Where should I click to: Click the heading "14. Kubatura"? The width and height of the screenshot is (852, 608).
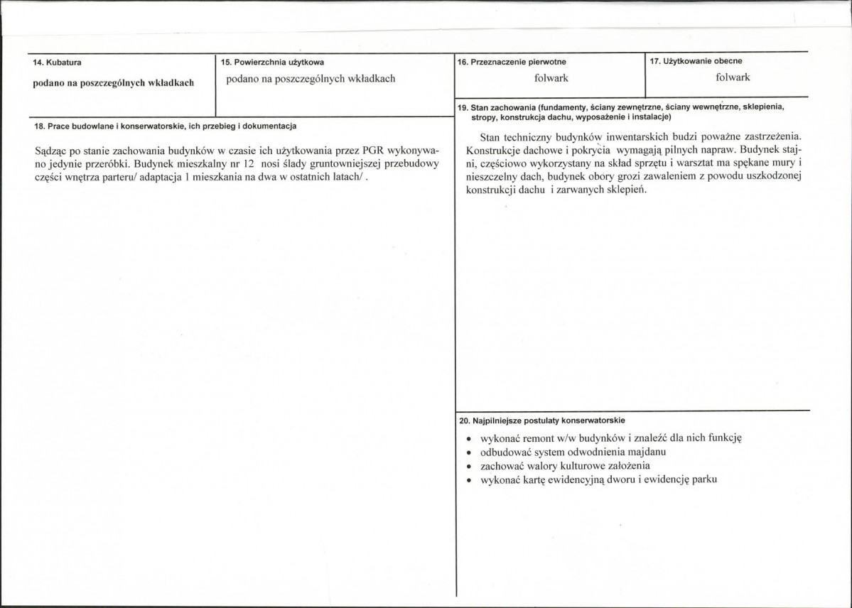(x=58, y=63)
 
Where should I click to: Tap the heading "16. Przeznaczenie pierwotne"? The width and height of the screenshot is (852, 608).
(x=512, y=63)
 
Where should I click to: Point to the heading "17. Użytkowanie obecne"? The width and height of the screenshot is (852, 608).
(x=696, y=61)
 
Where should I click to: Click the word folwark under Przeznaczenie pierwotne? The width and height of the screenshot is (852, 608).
(x=551, y=78)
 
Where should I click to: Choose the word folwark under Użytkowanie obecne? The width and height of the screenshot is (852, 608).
(x=733, y=77)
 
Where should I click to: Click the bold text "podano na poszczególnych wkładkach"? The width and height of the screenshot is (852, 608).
(x=114, y=83)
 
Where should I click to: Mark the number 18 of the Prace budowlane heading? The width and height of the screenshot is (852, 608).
(x=39, y=126)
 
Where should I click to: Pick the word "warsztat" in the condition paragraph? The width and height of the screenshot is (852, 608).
(x=701, y=163)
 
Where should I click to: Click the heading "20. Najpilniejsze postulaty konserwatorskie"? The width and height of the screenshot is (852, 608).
(x=542, y=420)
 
